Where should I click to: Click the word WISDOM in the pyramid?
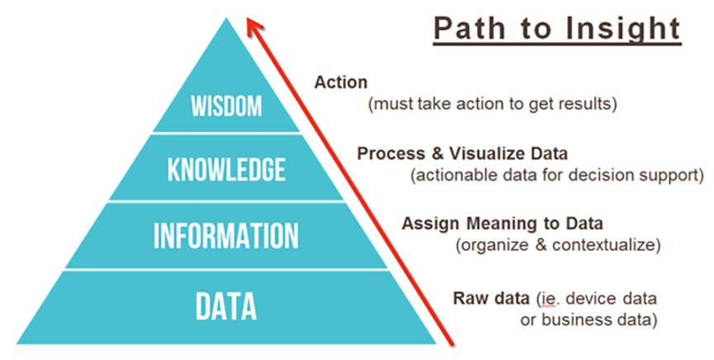point(226,107)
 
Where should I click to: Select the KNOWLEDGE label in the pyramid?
point(226,169)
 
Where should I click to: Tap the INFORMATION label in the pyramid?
point(226,235)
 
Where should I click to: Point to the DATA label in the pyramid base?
point(226,306)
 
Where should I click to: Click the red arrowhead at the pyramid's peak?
point(254,26)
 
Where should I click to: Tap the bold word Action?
point(341,83)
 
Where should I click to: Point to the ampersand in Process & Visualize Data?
point(437,154)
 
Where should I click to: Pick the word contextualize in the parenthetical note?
point(603,244)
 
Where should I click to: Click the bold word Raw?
point(468,298)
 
